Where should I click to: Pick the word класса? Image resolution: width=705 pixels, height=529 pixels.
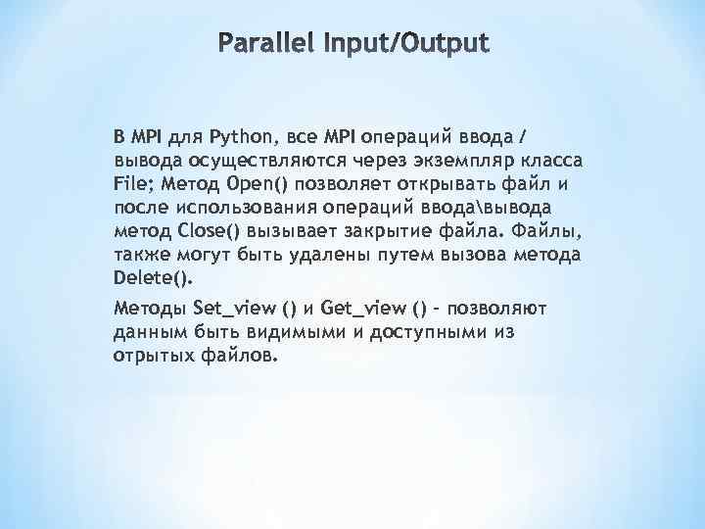(546, 160)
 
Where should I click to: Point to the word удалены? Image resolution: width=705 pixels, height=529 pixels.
(330, 255)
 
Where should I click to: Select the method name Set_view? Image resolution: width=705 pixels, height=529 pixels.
(236, 309)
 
